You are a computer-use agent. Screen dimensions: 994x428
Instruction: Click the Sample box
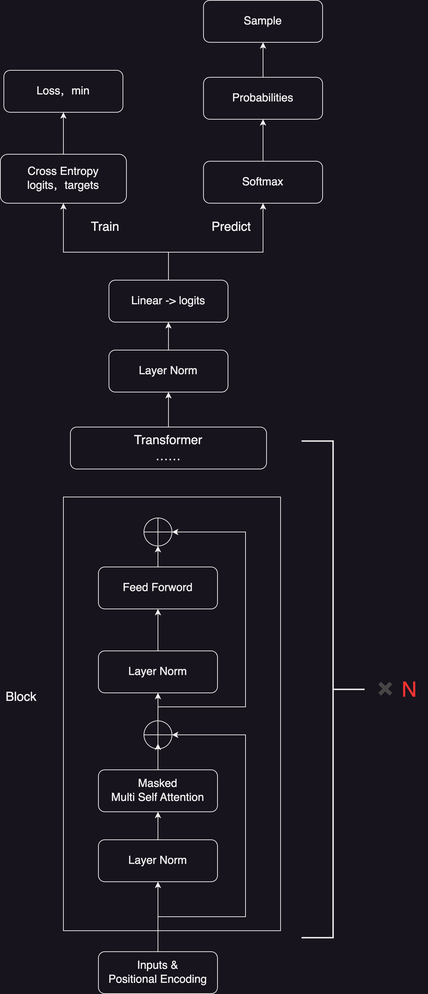(x=263, y=21)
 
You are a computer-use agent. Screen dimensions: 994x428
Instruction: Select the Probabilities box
(x=263, y=98)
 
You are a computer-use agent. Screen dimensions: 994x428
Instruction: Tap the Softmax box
(x=263, y=182)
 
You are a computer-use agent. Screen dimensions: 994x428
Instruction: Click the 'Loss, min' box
(x=63, y=91)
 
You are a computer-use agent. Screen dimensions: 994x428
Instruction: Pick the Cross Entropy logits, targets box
(x=63, y=178)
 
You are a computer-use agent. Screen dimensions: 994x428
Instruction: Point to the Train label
(x=105, y=226)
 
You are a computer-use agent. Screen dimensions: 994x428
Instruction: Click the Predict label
(x=231, y=226)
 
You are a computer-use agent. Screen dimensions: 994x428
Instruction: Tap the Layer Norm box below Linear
(x=168, y=371)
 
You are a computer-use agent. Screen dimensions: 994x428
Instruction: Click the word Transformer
(x=168, y=440)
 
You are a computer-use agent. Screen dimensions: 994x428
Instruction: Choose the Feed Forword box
(x=158, y=588)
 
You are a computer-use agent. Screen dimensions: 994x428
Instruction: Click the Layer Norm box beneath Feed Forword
(x=158, y=672)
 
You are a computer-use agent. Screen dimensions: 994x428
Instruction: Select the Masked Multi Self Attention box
(x=158, y=790)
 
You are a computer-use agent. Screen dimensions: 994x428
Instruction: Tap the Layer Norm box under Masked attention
(x=158, y=860)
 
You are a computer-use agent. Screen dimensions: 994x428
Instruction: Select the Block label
(x=21, y=696)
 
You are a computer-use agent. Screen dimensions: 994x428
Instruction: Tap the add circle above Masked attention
(x=158, y=735)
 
